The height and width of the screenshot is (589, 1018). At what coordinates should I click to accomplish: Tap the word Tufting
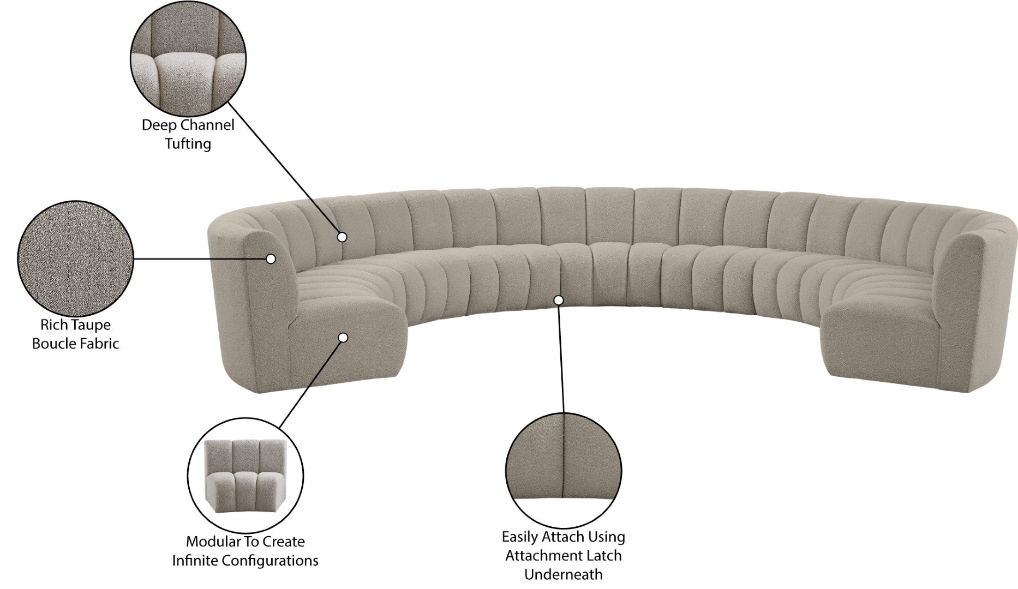pos(188,144)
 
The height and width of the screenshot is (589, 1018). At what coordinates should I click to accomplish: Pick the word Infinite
pos(196,561)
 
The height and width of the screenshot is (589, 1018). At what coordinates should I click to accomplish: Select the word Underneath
pos(564,574)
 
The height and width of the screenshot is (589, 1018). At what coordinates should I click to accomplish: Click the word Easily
pos(521,537)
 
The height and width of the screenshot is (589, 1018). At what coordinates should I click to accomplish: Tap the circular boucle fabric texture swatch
pos(76,259)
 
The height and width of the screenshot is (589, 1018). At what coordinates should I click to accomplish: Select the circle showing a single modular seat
pos(245,474)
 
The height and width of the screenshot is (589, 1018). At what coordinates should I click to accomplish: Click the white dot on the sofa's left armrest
pos(270,259)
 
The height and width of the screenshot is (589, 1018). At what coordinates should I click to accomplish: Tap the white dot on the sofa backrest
pos(342,237)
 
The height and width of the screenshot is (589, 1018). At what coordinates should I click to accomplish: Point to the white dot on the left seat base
pos(343,338)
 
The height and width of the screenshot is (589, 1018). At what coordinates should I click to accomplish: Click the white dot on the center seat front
pos(558,300)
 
